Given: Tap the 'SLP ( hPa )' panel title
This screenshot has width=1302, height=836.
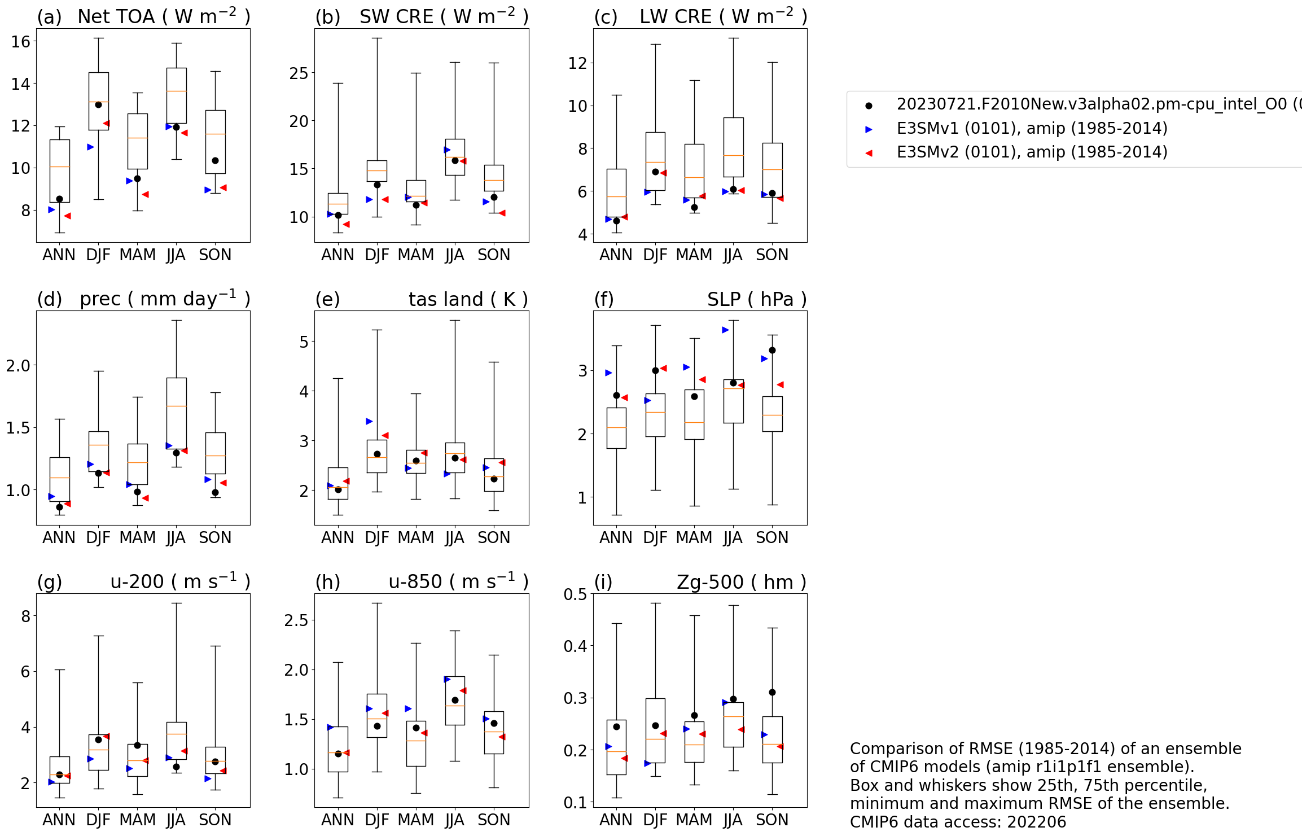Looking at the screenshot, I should pyautogui.click(x=756, y=299).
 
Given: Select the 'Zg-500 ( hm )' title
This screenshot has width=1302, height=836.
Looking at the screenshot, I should pyautogui.click(x=741, y=582).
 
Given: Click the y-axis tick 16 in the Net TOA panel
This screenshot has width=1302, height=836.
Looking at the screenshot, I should pyautogui.click(x=21, y=41).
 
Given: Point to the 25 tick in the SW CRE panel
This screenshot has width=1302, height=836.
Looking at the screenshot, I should pyautogui.click(x=299, y=73).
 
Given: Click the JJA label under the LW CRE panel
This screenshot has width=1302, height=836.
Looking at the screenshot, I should pyautogui.click(x=733, y=255).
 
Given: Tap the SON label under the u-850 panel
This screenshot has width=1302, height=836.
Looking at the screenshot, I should pyautogui.click(x=494, y=820).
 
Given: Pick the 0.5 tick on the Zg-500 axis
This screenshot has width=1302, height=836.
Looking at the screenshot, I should pyautogui.click(x=575, y=594).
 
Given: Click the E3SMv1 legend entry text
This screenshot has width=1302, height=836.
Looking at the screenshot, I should pyautogui.click(x=1032, y=128).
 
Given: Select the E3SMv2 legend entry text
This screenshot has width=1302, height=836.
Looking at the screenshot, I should pyautogui.click(x=1032, y=152).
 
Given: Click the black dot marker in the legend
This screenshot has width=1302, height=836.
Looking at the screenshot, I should pyautogui.click(x=869, y=106).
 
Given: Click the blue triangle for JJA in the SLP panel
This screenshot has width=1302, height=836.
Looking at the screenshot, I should pyautogui.click(x=725, y=330).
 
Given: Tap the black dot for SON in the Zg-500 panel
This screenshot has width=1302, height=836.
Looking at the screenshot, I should pyautogui.click(x=772, y=692).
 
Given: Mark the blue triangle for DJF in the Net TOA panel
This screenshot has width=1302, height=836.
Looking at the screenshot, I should pyautogui.click(x=90, y=147).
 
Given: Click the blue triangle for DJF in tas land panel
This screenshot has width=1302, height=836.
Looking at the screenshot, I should pyautogui.click(x=369, y=421).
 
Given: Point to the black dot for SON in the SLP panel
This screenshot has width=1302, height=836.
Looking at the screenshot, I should pyautogui.click(x=772, y=350).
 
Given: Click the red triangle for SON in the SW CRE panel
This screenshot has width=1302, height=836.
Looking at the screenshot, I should pyautogui.click(x=502, y=213).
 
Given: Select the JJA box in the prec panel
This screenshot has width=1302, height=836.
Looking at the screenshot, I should pyautogui.click(x=177, y=413).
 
